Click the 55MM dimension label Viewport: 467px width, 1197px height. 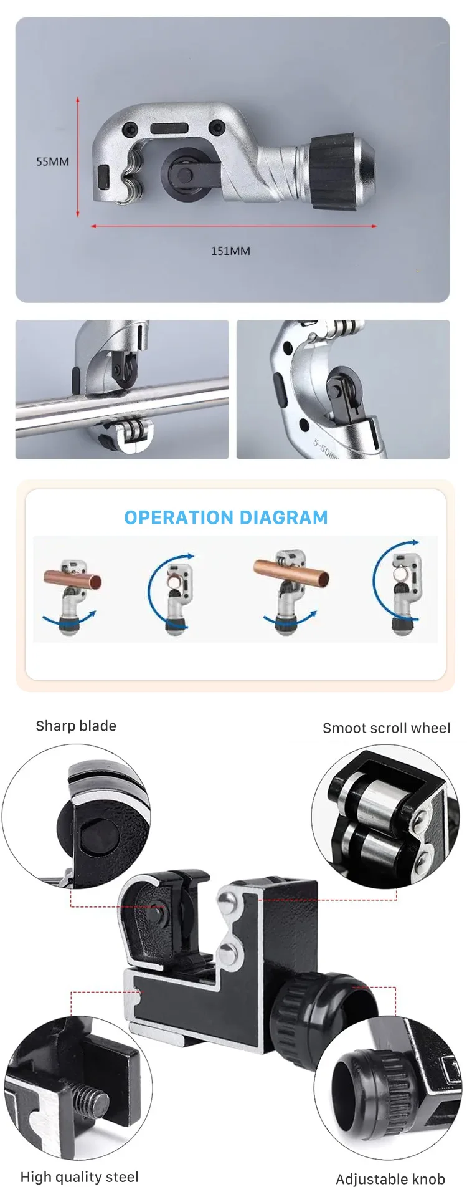52,161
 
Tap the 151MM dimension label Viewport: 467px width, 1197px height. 230,251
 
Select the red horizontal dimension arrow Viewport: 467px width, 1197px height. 233,226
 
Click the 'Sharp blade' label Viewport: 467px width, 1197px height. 76,726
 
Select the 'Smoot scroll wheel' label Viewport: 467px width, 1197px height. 386,728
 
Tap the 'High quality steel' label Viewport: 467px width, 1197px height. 79,1177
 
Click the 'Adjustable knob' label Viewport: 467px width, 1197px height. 390,1179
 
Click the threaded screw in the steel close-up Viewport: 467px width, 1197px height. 91,1100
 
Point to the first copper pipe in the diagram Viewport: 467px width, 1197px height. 72,580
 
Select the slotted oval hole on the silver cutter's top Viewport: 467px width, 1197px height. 169,128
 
